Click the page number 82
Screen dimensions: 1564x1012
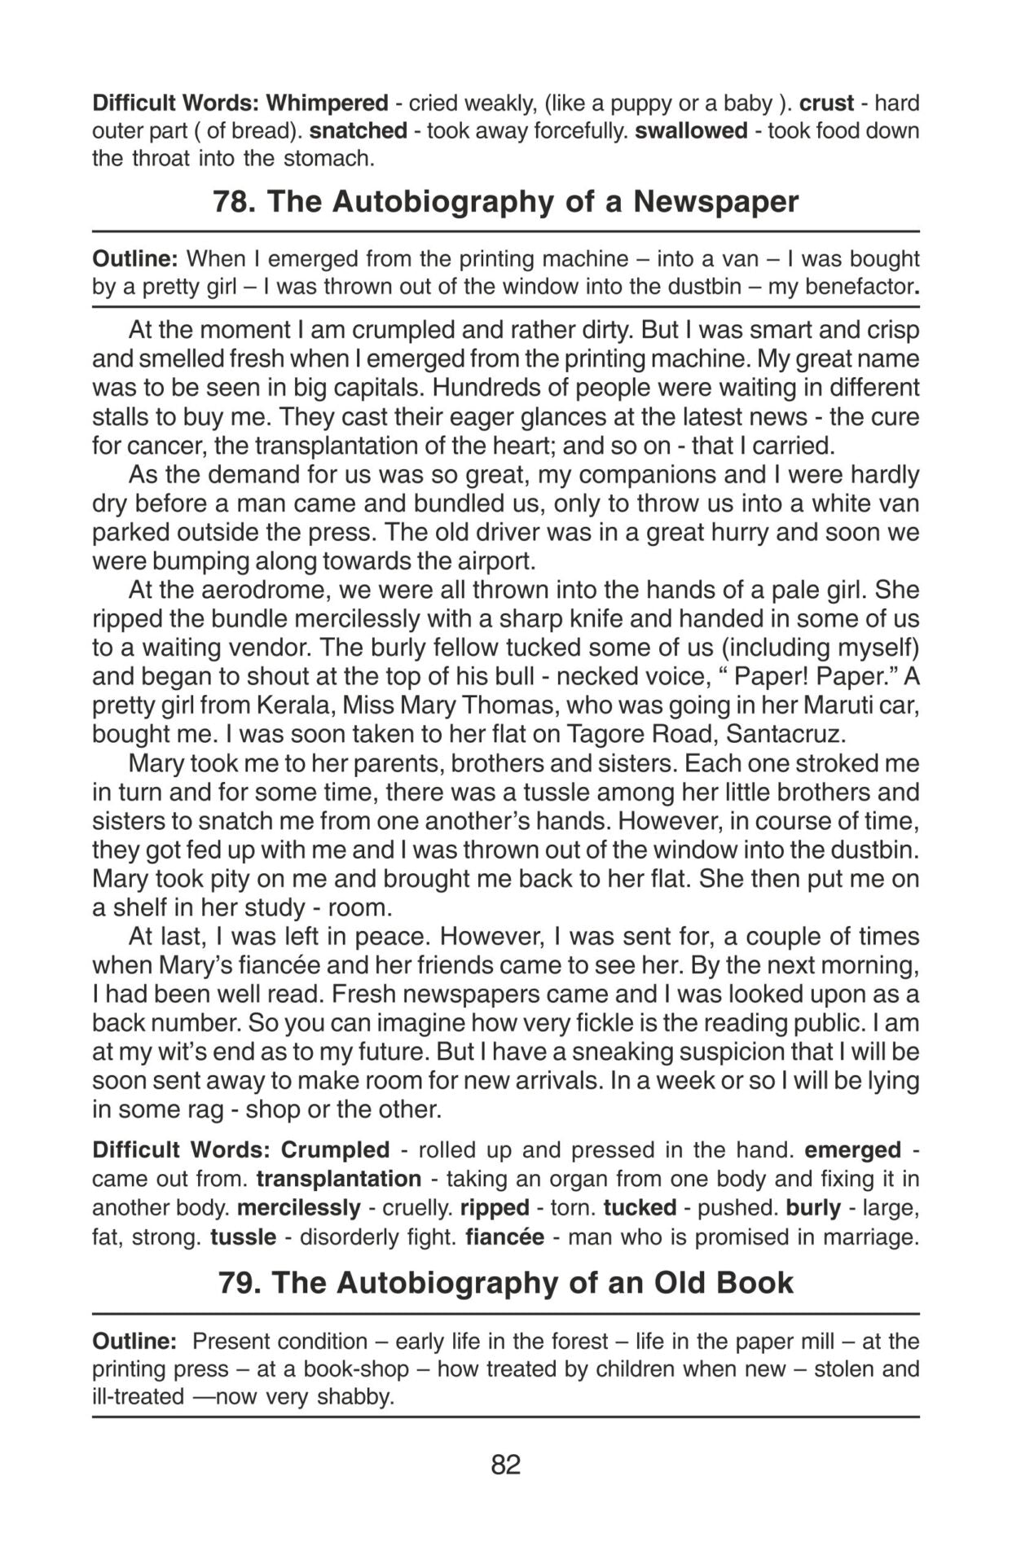(x=505, y=1465)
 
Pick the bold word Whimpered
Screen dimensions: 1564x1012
(x=327, y=103)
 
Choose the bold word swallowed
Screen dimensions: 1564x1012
(x=691, y=131)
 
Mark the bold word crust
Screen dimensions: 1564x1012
(x=826, y=103)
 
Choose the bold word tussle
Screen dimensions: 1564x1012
(x=243, y=1237)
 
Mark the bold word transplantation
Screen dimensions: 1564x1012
(x=338, y=1179)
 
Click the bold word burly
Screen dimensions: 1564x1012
(x=813, y=1208)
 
